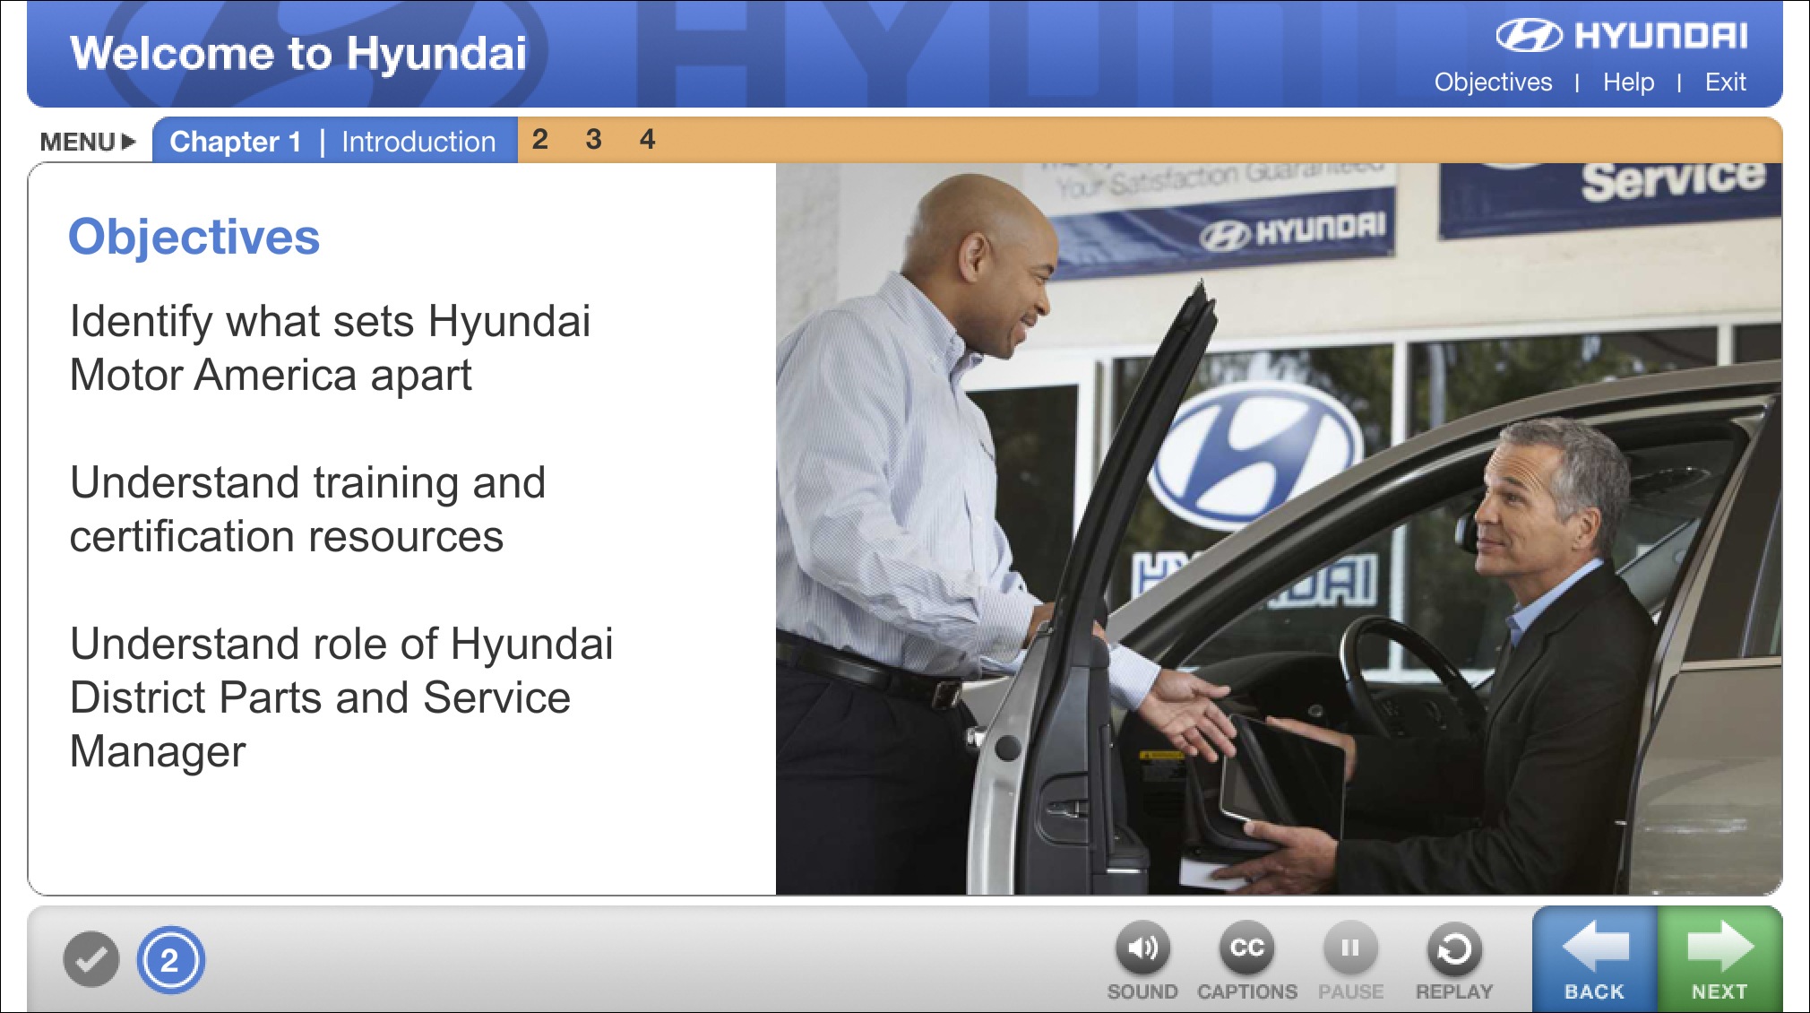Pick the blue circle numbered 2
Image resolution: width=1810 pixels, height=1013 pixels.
click(170, 960)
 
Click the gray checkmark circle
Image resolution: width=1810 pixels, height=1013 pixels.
click(91, 960)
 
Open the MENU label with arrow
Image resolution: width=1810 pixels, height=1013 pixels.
click(88, 142)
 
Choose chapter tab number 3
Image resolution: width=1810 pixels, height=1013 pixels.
click(593, 140)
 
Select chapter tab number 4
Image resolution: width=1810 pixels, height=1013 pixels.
click(647, 140)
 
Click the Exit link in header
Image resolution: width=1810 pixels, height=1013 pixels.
click(1725, 82)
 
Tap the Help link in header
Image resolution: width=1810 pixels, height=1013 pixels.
click(1628, 82)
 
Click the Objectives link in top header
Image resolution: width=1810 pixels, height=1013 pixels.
click(1493, 82)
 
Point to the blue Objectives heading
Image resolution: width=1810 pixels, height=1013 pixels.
click(194, 238)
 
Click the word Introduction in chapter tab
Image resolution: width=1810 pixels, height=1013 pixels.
click(418, 142)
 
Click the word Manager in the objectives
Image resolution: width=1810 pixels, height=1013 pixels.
click(158, 751)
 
